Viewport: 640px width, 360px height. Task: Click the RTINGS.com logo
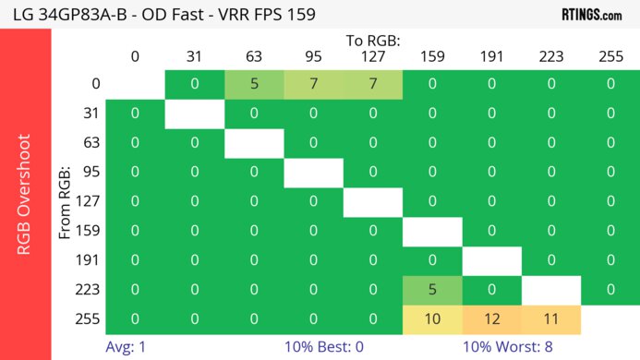(x=591, y=14)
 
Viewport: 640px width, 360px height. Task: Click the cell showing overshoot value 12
(x=491, y=318)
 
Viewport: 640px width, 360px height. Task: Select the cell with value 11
(x=550, y=318)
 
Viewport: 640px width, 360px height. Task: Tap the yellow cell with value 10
(x=431, y=318)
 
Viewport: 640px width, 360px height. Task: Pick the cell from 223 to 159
(x=431, y=290)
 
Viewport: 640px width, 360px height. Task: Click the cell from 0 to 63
(x=254, y=84)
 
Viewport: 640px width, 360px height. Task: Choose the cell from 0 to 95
(x=313, y=84)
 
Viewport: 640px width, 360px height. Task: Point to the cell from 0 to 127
(x=372, y=84)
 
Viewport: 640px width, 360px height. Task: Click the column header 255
(x=610, y=56)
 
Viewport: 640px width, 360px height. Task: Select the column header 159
(x=431, y=56)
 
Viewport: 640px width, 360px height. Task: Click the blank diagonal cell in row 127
(x=372, y=201)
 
